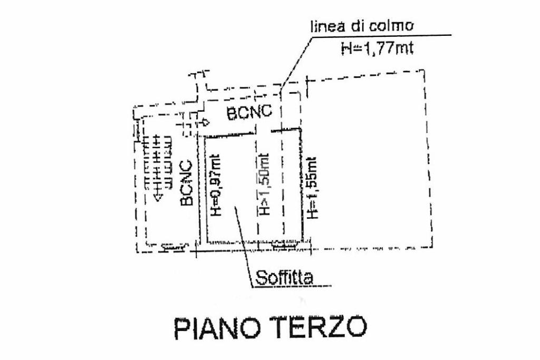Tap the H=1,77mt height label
click(x=377, y=49)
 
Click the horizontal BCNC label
click(x=249, y=112)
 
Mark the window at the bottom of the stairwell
click(x=173, y=246)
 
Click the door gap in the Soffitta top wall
click(x=264, y=132)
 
